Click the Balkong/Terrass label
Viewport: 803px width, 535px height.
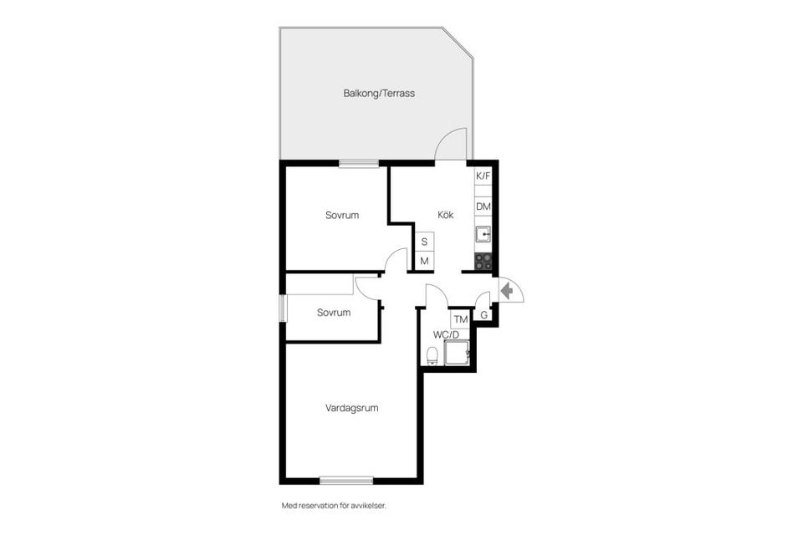click(379, 94)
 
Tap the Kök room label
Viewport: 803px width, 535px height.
click(446, 215)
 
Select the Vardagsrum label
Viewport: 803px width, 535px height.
click(352, 408)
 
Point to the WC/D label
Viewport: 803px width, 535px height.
click(446, 334)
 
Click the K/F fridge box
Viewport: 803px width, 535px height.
click(483, 176)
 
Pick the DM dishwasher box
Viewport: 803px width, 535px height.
click(483, 206)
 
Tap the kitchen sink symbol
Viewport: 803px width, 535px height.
click(483, 233)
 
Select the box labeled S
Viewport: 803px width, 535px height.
click(425, 242)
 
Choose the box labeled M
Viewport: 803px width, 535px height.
click(425, 262)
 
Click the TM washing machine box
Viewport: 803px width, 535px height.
click(460, 319)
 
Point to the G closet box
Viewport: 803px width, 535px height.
click(483, 315)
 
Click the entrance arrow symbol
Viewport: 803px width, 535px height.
click(506, 291)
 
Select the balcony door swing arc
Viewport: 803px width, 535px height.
click(453, 142)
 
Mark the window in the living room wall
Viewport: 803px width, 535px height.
click(346, 480)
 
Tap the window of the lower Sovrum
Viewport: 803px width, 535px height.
click(284, 308)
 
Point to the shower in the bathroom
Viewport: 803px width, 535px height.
click(458, 354)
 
